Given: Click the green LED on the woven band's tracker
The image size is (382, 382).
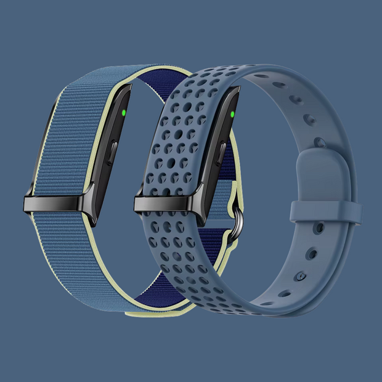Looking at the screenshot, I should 124,113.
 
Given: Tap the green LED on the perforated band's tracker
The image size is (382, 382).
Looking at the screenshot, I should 232,113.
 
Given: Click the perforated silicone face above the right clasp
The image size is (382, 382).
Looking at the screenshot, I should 179,136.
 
